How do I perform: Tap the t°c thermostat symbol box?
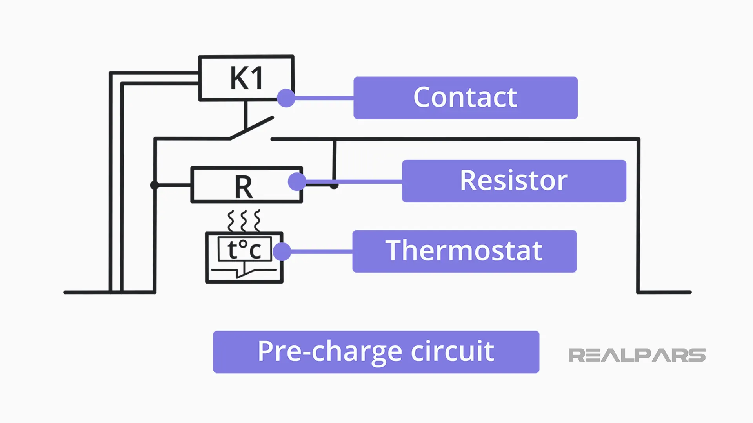coord(244,257)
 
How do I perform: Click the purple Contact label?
coord(465,98)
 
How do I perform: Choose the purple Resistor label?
coord(514,181)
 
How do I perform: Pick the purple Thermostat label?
coord(464,251)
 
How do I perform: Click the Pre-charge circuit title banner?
coord(376,351)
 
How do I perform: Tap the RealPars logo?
coord(637,355)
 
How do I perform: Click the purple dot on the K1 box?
coord(286,98)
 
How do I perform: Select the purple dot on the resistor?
coord(297,182)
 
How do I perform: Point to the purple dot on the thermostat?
coord(282,251)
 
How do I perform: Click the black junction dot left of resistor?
coord(155,185)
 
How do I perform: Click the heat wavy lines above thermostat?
coord(244,221)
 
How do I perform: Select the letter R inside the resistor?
coord(244,187)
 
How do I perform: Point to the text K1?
coord(246,78)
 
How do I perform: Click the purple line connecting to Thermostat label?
coord(322,251)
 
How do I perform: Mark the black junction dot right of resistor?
coord(334,185)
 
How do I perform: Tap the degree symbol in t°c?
coord(243,244)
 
